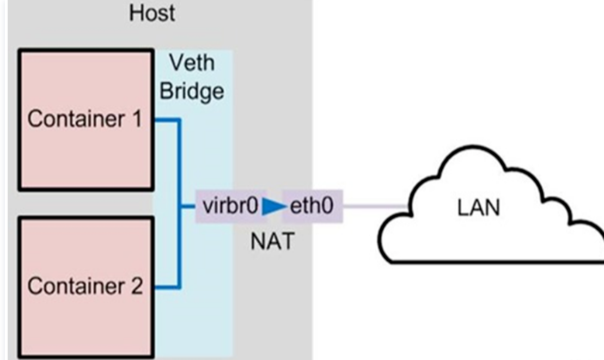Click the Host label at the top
click(152, 13)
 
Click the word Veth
click(192, 63)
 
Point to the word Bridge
click(192, 91)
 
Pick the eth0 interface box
click(312, 206)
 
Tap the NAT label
click(271, 241)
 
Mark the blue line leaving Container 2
click(166, 286)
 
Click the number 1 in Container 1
click(135, 119)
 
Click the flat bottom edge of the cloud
click(490, 261)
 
